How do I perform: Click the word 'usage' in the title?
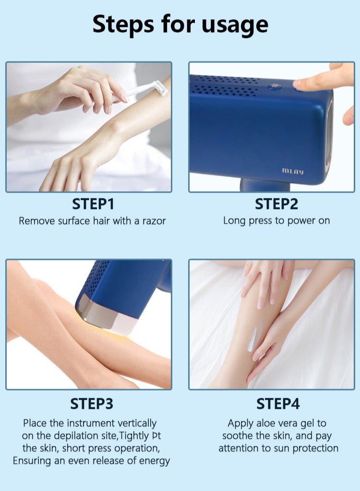tap(229, 24)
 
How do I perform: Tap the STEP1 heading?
tap(93, 204)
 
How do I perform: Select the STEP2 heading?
tap(276, 204)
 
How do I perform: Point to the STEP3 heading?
tap(92, 404)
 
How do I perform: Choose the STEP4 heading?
tap(277, 404)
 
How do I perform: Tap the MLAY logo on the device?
tap(292, 171)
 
